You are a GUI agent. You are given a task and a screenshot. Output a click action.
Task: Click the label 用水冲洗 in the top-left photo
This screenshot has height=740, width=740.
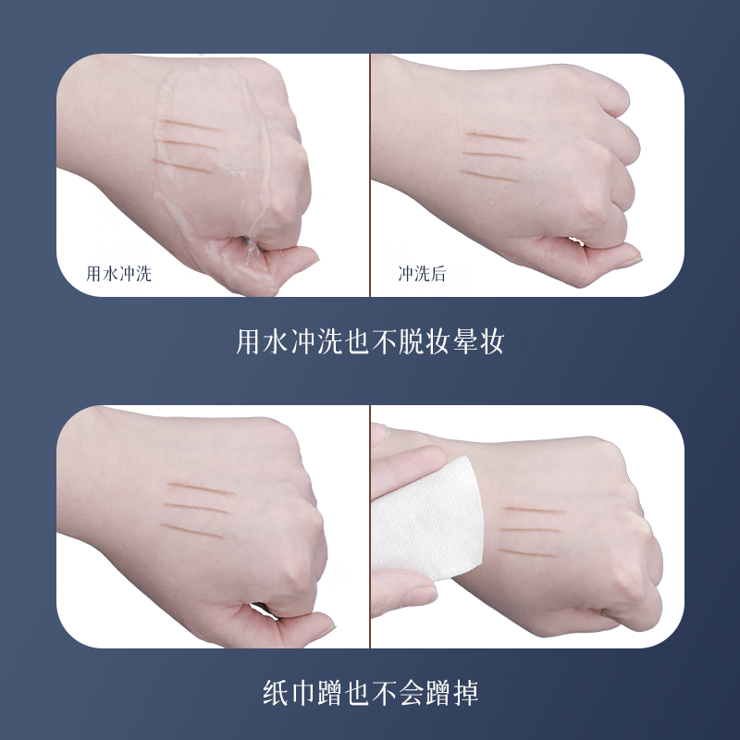(x=118, y=274)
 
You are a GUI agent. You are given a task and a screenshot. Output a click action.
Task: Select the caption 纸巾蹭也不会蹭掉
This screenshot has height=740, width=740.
(x=370, y=692)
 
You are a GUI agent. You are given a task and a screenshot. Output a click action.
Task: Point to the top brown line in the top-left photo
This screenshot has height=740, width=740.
(x=189, y=125)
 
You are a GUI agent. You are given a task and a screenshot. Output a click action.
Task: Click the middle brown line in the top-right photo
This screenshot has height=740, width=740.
(x=494, y=154)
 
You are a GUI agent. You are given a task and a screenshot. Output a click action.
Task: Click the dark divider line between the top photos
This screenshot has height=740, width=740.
(x=370, y=176)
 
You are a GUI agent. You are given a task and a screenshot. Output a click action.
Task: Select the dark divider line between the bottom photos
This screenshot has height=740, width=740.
(x=370, y=527)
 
